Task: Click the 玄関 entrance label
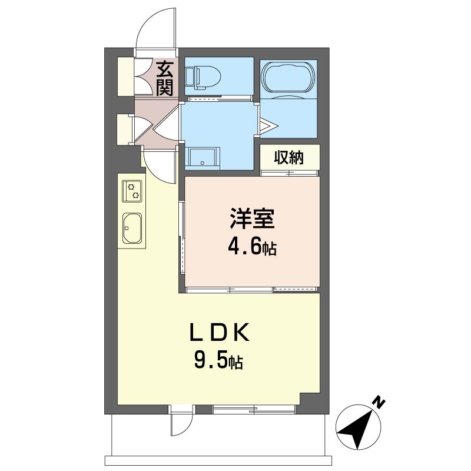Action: coord(165,78)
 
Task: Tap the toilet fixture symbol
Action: coord(203,78)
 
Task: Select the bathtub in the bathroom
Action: coord(288,78)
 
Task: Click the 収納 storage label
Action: coord(288,157)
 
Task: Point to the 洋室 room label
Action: coord(252,218)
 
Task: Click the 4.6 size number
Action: coord(245,247)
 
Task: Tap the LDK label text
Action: coord(219,332)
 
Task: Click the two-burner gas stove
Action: coord(132,191)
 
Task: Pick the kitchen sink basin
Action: coord(132,228)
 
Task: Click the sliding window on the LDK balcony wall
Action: coord(254,409)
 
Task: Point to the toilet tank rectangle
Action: coord(190,77)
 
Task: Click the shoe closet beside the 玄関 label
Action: coord(125,77)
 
